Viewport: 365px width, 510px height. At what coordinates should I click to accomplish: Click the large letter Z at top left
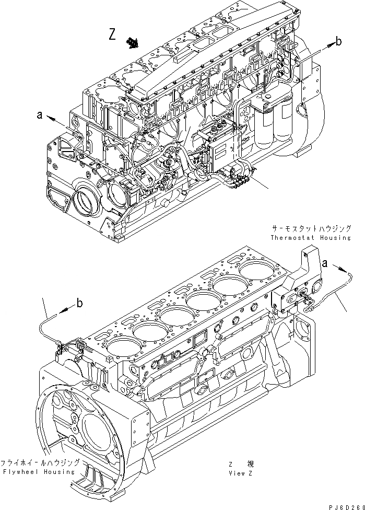click(112, 34)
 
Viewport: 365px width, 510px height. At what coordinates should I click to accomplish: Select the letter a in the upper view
click(39, 115)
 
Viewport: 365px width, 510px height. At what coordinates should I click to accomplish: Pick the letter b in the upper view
click(339, 42)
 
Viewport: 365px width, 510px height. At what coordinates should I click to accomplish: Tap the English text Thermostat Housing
click(311, 238)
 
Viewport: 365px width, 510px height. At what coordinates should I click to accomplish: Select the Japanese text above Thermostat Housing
click(311, 229)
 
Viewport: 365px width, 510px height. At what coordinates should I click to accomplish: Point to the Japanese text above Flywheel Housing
click(40, 462)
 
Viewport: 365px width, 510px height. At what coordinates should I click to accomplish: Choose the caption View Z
click(241, 472)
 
